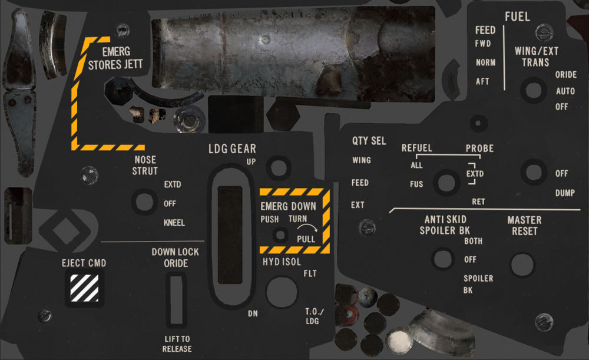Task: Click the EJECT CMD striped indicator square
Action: coord(84,288)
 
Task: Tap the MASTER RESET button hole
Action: coord(522,265)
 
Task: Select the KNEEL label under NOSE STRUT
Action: coord(174,223)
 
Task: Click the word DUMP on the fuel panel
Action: coord(565,193)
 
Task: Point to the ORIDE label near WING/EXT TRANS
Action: coord(565,74)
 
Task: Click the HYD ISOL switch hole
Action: coord(282,292)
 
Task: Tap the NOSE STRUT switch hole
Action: coord(145,202)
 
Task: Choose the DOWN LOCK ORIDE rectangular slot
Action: coord(176,299)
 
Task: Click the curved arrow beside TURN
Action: coord(310,227)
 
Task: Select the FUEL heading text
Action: coord(517,16)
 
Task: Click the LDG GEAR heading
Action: coord(232,149)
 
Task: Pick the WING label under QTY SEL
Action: coord(362,160)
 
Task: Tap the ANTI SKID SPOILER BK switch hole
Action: coord(443,259)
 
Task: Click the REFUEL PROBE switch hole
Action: coord(446,182)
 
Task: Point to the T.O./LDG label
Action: coord(314,316)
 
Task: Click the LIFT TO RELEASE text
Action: coord(177,344)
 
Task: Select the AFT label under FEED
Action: coord(482,81)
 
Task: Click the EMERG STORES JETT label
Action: coord(115,58)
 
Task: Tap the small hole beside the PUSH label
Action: coord(280,235)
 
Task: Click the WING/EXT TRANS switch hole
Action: coord(534,90)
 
